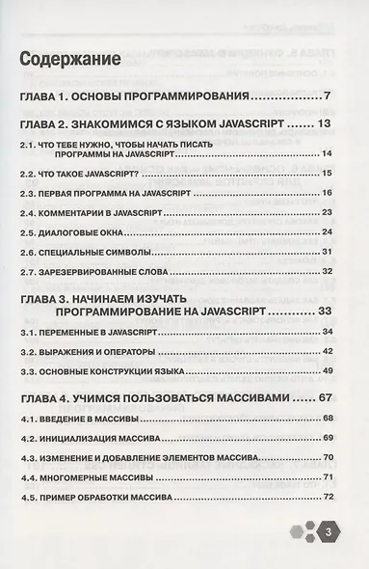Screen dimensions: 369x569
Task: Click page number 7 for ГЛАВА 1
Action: (x=328, y=95)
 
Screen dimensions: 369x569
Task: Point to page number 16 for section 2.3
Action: (x=327, y=192)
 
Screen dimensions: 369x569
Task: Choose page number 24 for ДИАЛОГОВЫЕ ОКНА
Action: (x=327, y=232)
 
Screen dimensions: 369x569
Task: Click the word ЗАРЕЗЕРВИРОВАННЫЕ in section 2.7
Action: (x=96, y=272)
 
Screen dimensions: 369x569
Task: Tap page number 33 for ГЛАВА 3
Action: (x=324, y=311)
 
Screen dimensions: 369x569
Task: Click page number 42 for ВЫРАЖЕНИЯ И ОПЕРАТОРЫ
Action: (x=327, y=352)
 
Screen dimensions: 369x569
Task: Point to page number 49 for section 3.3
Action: (x=327, y=371)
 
